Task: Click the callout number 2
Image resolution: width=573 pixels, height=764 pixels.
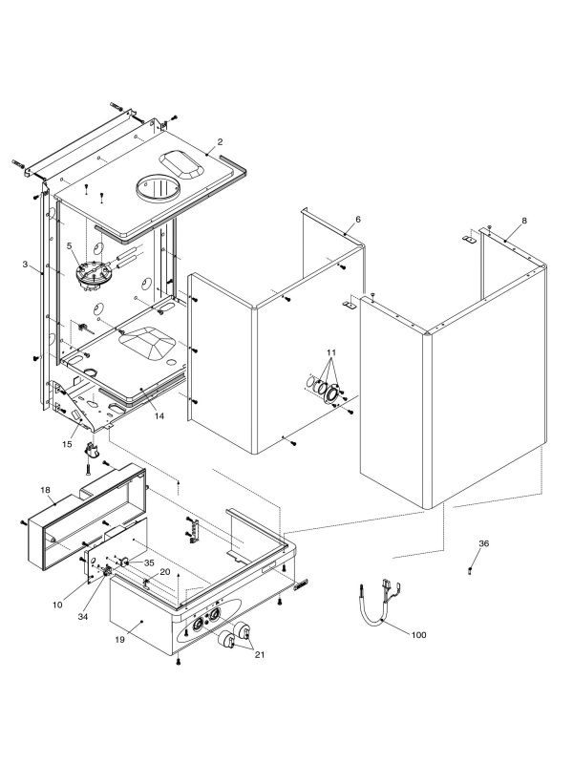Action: pos(220,142)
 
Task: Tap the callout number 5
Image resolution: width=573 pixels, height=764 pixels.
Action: pos(70,245)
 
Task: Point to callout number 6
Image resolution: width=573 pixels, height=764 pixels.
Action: pos(357,220)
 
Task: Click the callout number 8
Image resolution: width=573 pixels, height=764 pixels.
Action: pos(524,222)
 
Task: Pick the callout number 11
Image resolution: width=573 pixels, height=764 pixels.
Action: pos(330,354)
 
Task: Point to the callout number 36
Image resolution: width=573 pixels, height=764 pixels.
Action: pos(483,543)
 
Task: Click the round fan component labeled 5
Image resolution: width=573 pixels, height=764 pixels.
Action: pos(92,274)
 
